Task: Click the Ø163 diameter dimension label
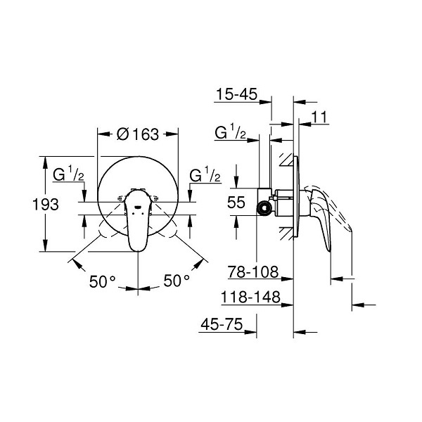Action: coord(138,134)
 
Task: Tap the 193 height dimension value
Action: coord(46,204)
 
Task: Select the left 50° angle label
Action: coord(102,281)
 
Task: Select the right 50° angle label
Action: coord(177,281)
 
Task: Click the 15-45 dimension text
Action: coord(237,94)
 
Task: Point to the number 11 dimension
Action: coord(319,117)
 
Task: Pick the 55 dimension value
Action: coord(236,202)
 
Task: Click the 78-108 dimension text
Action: coord(253,271)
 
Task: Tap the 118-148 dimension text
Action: coord(250,298)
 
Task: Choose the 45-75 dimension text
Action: coord(222,324)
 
